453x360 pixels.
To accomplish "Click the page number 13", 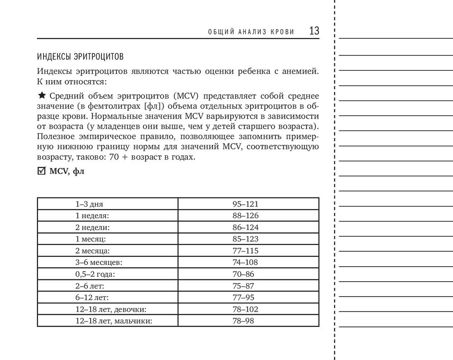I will (x=314, y=31).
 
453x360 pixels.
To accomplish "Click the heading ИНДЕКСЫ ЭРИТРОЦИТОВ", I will (x=81, y=58).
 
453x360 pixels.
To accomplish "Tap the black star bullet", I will (x=42, y=96).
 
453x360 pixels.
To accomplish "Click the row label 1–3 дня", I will (x=89, y=204).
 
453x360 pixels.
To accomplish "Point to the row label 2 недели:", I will (x=92, y=227).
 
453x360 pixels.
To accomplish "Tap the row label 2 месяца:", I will (x=93, y=250).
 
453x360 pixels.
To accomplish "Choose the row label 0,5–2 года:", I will (x=95, y=274).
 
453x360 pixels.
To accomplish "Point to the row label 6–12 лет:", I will (x=92, y=298).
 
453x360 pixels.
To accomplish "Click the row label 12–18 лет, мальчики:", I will (x=114, y=321).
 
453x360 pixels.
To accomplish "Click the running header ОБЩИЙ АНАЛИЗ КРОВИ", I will (x=251, y=32).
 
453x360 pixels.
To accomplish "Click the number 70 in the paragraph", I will (x=114, y=158).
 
